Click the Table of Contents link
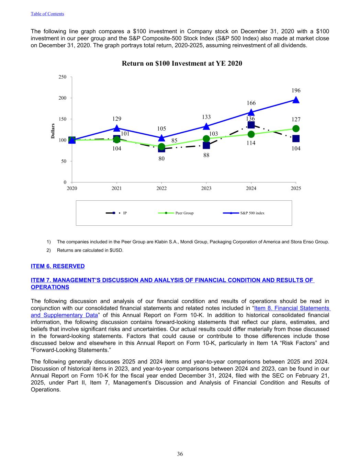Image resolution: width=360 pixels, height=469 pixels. pos(47,14)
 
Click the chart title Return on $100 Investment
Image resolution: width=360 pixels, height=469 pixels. pos(182,64)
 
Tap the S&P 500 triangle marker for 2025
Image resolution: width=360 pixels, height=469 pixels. pos(296,100)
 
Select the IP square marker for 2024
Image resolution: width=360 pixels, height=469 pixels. pos(251,125)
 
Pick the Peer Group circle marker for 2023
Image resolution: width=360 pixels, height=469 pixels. pos(206,139)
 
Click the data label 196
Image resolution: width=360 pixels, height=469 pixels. pos(296,91)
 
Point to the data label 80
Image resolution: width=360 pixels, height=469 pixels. pos(161,159)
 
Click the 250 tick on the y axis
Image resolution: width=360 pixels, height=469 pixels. pos(62,77)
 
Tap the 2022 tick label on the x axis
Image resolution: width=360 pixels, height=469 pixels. pos(161,188)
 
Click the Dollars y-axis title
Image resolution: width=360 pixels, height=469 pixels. pos(53,131)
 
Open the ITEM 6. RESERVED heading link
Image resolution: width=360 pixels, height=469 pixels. pos(58,266)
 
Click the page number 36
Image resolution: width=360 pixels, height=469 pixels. pos(180,454)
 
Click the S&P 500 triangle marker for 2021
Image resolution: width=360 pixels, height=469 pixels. pos(117,128)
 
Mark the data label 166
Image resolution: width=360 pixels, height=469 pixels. pos(251,103)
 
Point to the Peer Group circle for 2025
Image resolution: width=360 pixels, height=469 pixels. pos(296,129)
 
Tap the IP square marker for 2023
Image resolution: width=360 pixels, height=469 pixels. pos(206,145)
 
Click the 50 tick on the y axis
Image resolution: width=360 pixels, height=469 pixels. pos(63,161)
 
